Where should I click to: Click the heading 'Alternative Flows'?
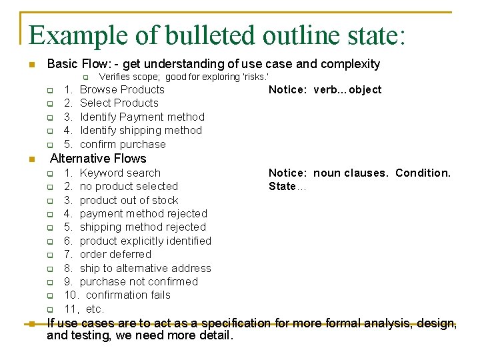[x=98, y=159]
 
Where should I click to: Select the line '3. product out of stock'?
[x=121, y=200]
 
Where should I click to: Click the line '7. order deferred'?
[x=107, y=254]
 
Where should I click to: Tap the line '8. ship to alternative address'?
[x=137, y=268]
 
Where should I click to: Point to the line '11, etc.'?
[x=84, y=309]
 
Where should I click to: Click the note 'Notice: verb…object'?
[x=325, y=90]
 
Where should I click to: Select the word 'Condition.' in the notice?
[x=423, y=173]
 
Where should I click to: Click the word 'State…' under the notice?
[x=287, y=186]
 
